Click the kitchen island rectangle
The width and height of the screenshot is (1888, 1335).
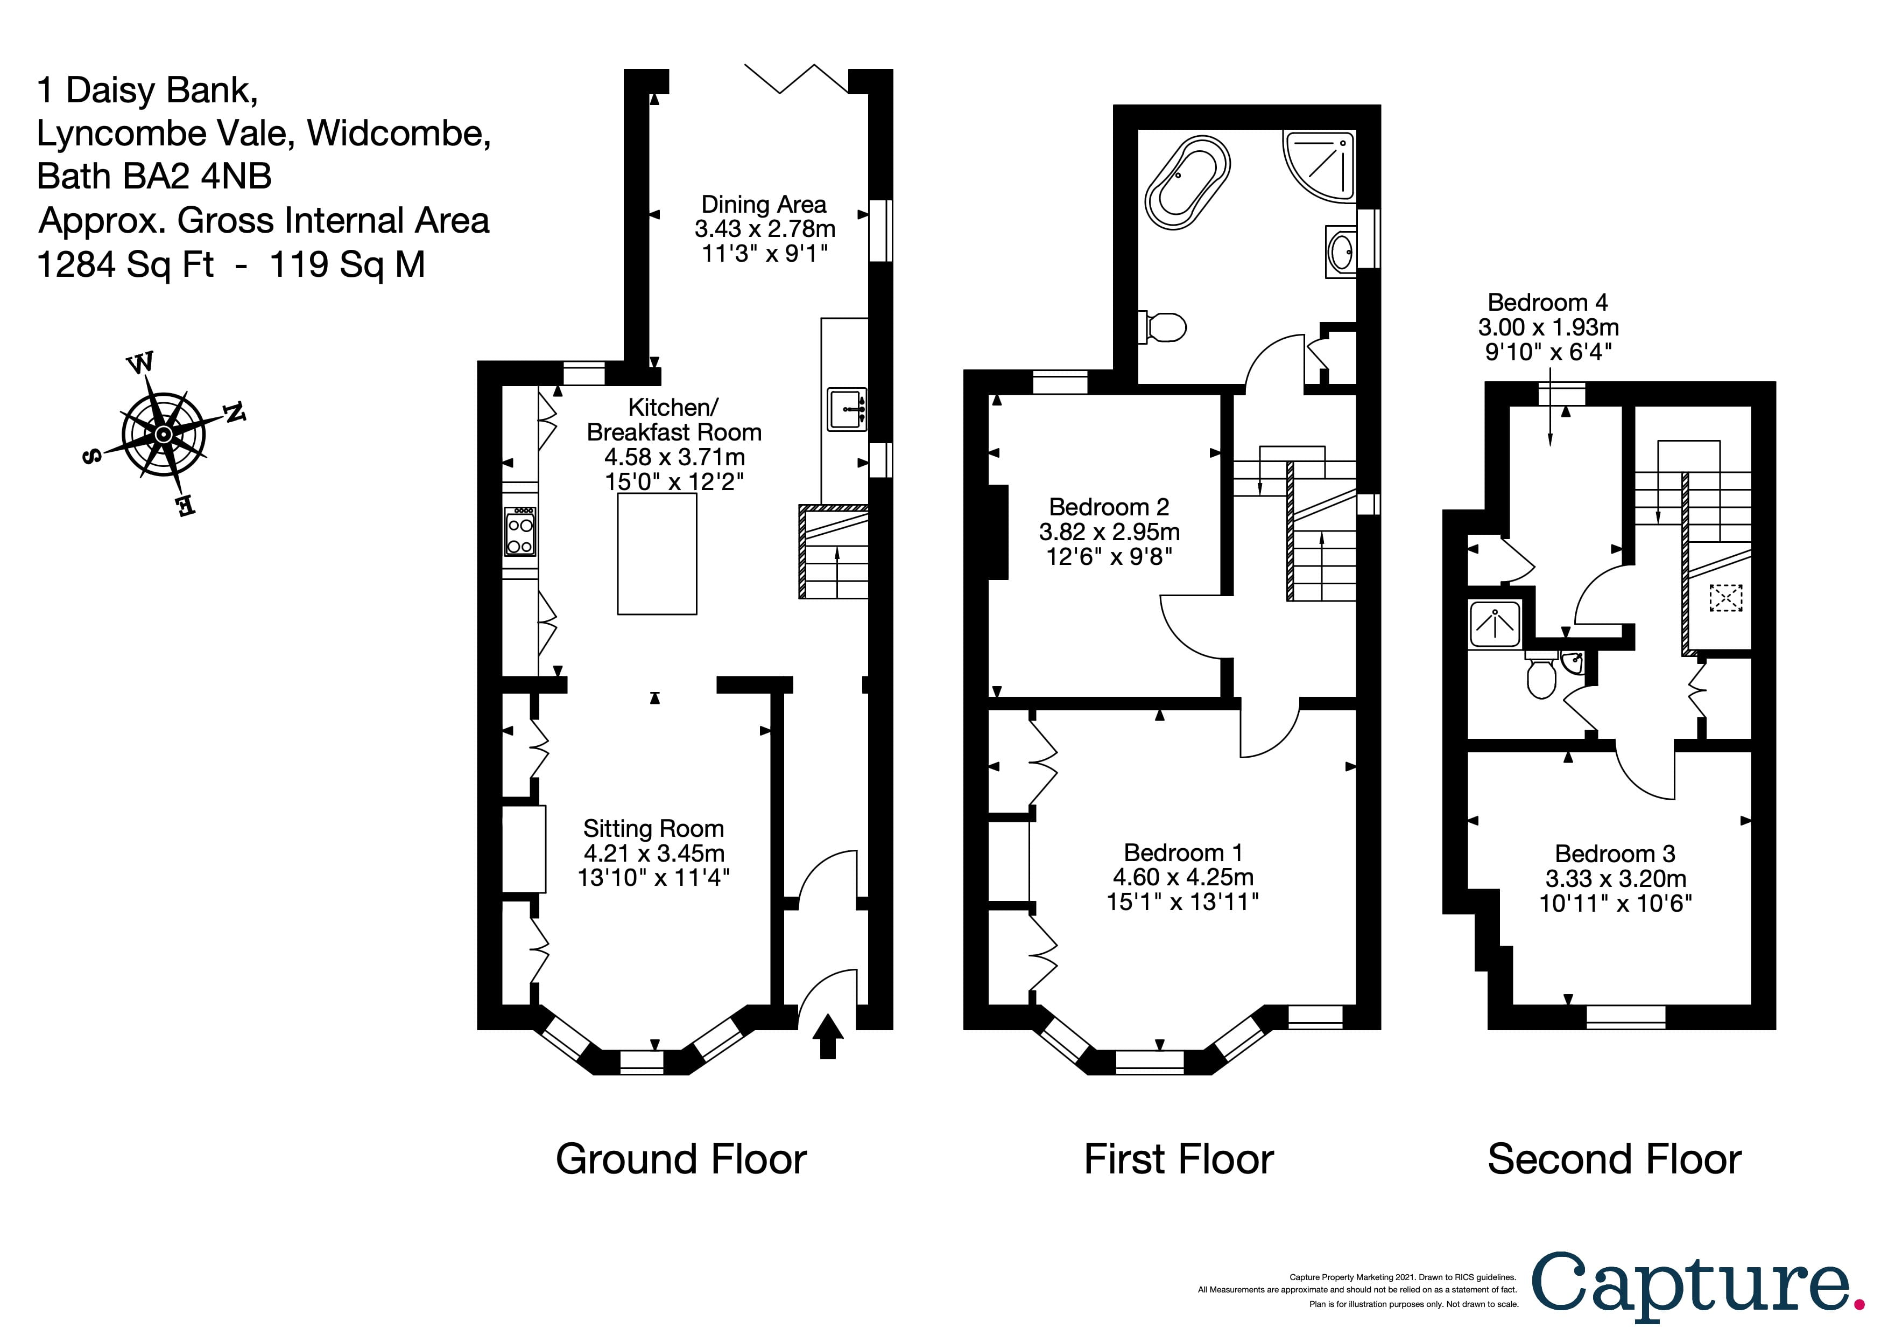(x=657, y=554)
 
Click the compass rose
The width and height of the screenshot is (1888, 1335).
(x=164, y=434)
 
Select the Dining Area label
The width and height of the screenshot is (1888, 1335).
(x=763, y=204)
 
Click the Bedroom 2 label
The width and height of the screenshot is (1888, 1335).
(x=1109, y=507)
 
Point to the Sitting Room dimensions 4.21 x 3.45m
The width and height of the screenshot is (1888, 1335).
(x=654, y=853)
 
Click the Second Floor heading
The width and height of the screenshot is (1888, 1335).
(x=1614, y=1160)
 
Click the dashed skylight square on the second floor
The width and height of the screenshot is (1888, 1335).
(x=1725, y=598)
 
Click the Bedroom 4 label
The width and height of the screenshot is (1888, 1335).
(x=1547, y=303)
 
